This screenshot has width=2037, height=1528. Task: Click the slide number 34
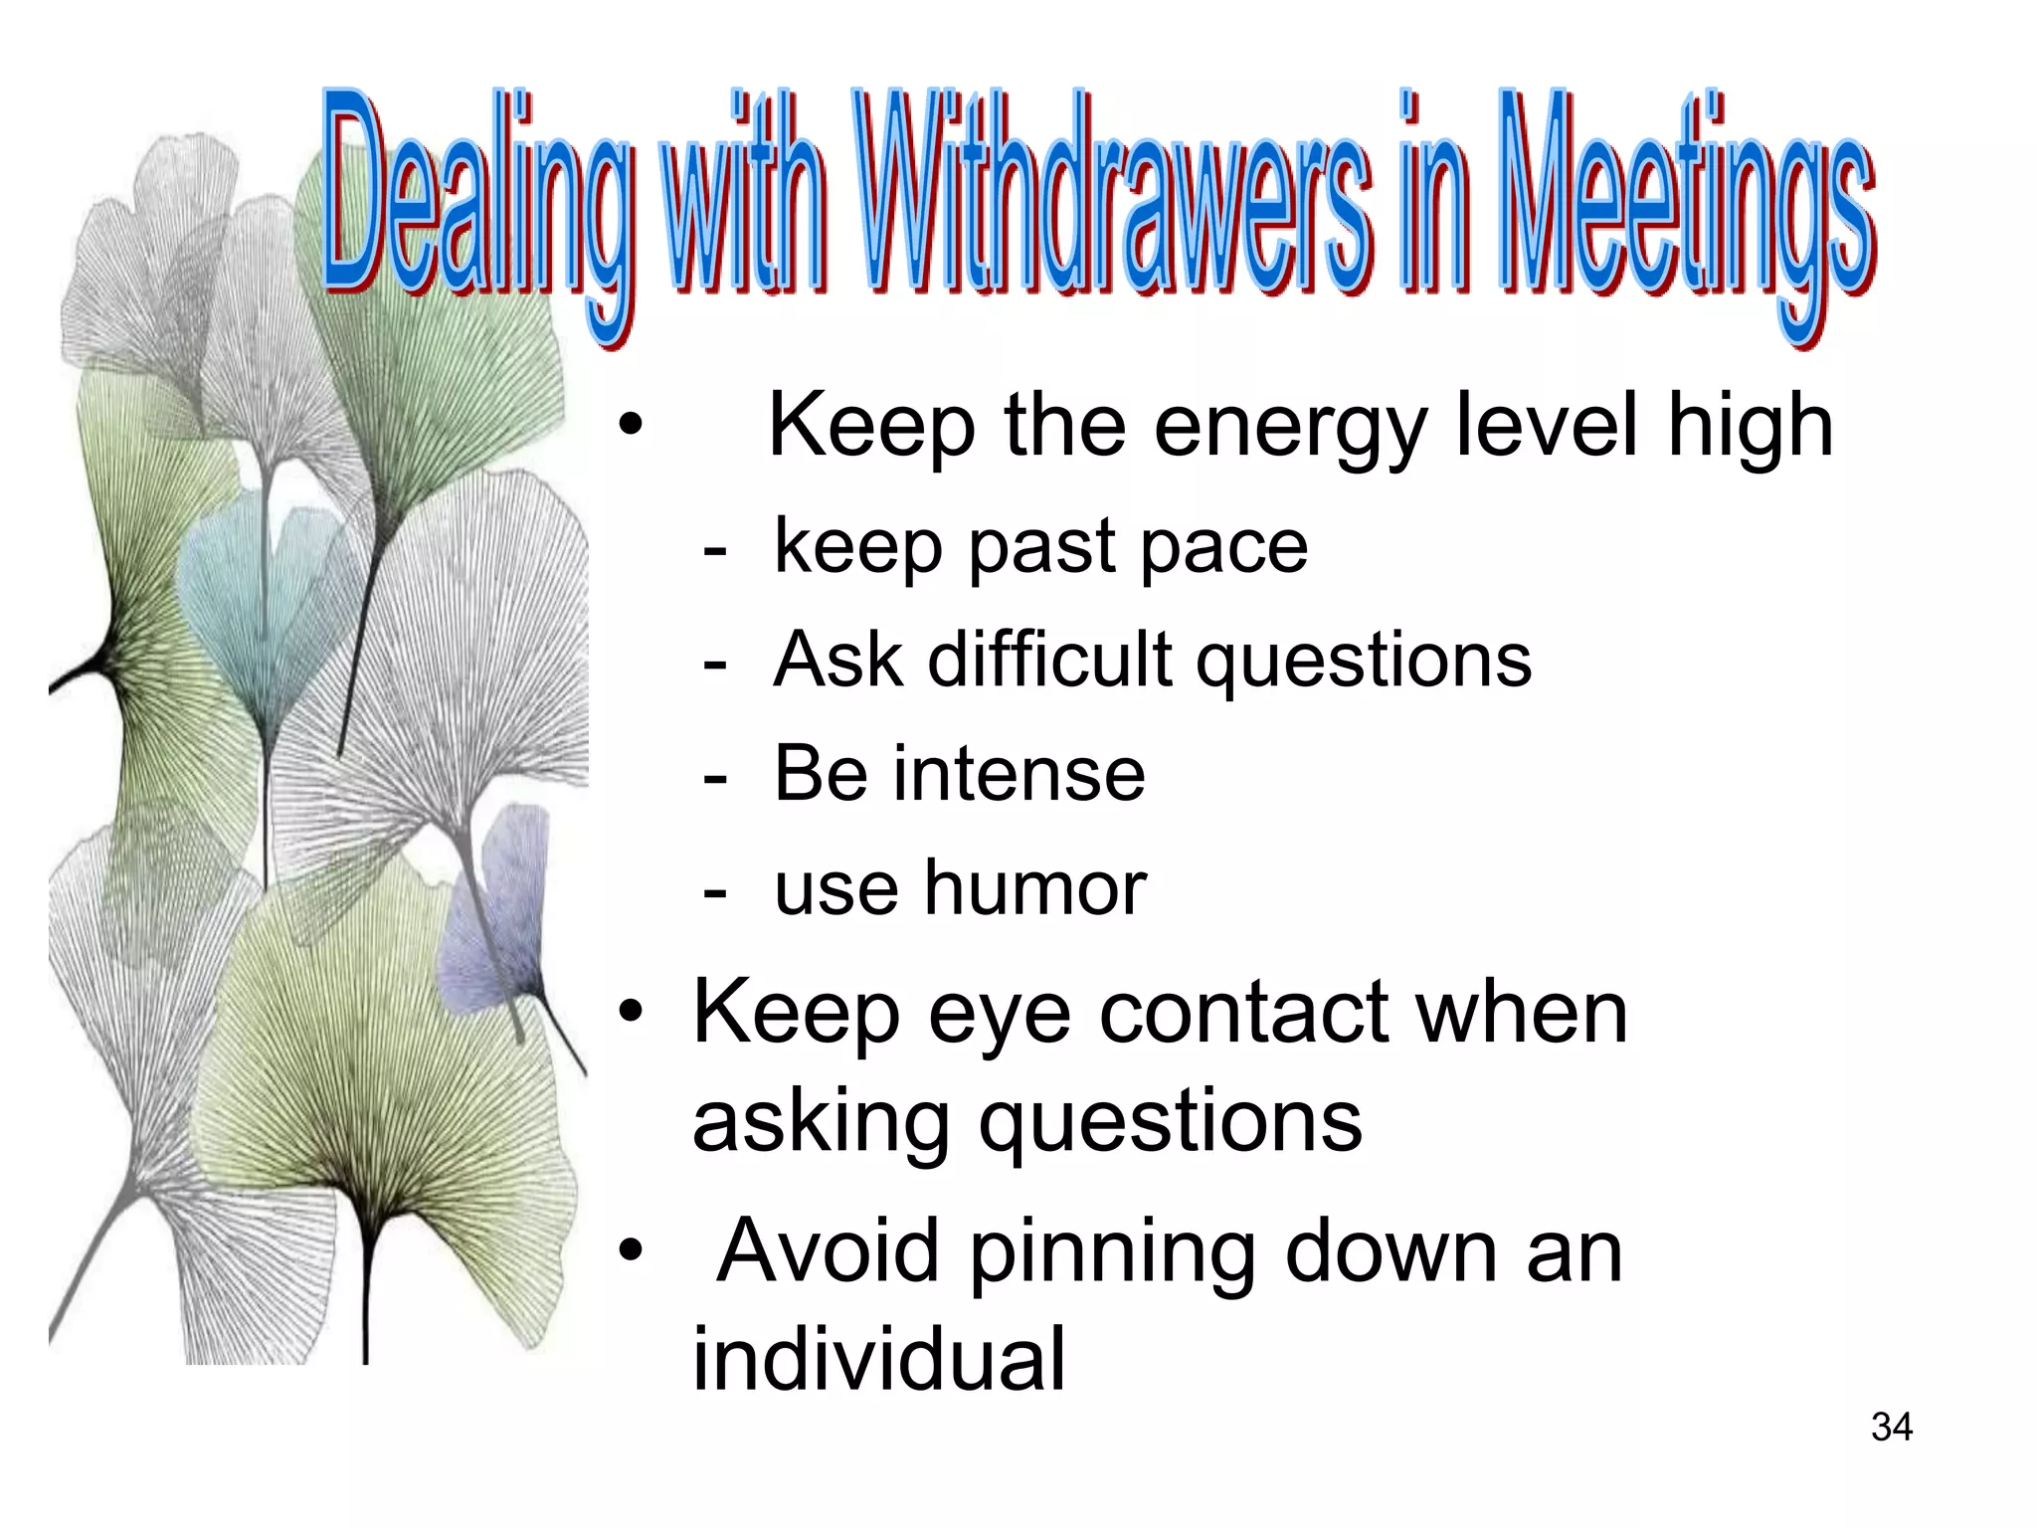(x=1891, y=1428)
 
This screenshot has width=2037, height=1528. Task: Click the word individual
(x=878, y=1359)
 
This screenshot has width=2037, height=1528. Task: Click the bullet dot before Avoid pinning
(x=631, y=1252)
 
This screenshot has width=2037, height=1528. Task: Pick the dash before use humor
(x=713, y=891)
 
